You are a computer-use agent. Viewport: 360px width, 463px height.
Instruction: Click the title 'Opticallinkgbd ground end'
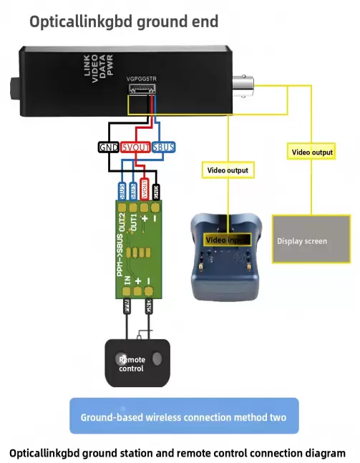click(123, 21)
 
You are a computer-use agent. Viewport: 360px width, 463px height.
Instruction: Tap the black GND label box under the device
click(109, 147)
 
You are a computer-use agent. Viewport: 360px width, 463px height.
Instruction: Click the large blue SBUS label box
click(164, 147)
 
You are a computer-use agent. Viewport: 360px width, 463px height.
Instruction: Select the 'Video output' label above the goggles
click(228, 170)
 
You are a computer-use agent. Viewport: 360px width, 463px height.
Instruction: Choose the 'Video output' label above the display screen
click(312, 152)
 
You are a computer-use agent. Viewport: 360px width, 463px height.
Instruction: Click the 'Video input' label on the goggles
click(227, 240)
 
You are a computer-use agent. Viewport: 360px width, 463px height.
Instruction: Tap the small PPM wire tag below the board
click(128, 308)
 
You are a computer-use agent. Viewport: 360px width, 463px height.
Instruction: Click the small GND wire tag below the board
click(149, 308)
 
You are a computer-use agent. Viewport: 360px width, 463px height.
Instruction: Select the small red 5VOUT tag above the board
click(145, 190)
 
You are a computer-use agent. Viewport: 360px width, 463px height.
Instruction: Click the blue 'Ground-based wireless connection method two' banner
click(184, 416)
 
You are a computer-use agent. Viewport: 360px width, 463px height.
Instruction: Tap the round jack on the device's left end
click(15, 92)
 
